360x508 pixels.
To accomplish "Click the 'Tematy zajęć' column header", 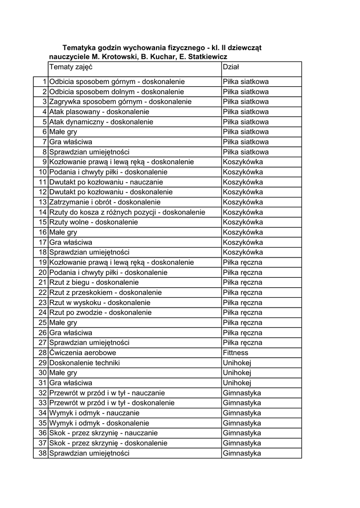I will click(71, 66).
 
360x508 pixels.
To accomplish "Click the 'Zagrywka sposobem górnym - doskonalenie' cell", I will click(120, 102).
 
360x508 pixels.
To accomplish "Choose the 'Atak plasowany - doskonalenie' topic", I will click(99, 112).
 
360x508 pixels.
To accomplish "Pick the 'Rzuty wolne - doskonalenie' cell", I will click(93, 222).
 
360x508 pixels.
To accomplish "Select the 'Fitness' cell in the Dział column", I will click(235, 353).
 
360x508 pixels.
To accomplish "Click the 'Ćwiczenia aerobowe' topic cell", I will click(82, 353).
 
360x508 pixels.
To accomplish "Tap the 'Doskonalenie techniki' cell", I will click(84, 363).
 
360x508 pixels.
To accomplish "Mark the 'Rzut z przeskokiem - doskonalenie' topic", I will click(105, 293).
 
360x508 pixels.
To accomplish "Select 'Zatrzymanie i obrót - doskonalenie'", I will click(105, 202).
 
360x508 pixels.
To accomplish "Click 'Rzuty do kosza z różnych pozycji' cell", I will click(127, 212).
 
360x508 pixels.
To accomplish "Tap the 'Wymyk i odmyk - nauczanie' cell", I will click(94, 413).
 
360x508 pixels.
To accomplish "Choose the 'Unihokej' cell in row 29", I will click(237, 363).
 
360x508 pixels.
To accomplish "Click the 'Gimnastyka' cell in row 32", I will click(242, 393).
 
